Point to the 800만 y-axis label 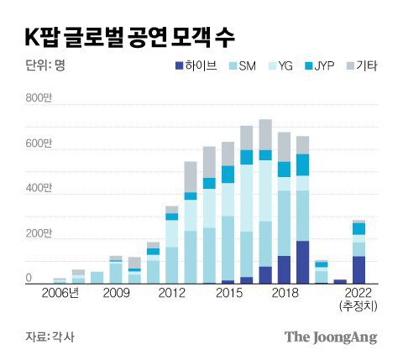click(x=39, y=99)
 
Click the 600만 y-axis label click(x=39, y=144)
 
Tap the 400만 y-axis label click(x=39, y=188)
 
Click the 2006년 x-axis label click(x=60, y=293)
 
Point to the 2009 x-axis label click(x=116, y=293)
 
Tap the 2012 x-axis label click(x=171, y=293)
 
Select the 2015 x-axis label click(x=227, y=293)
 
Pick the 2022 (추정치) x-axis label click(x=359, y=299)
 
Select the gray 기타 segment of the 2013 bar click(x=191, y=176)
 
